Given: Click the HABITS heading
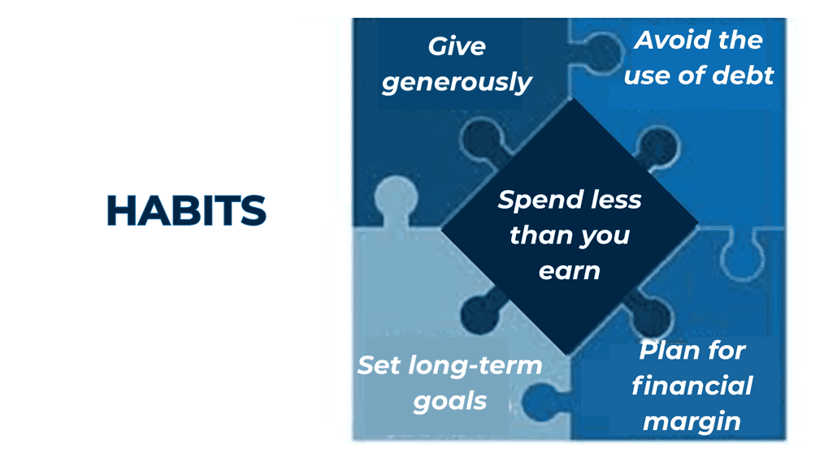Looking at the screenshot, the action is coord(186,210).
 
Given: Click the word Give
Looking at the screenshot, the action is coord(457,46).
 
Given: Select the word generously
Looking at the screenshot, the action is coord(457,83).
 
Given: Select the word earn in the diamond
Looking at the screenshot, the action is coord(570,271).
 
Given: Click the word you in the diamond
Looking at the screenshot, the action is coord(605,237).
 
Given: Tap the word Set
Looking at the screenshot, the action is coord(379,365).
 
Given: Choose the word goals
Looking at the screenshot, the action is coord(450,402).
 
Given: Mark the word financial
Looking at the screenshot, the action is coord(692,386).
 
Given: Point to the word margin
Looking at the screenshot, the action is coord(692,422).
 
